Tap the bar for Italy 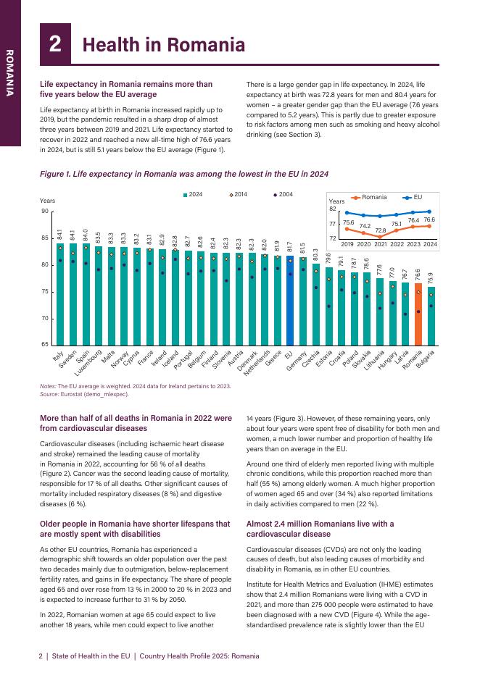[60, 293]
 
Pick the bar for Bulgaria [431, 315]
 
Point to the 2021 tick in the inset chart [380, 245]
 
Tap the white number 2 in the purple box [55, 45]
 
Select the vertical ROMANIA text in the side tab [10, 73]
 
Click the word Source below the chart [50, 395]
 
